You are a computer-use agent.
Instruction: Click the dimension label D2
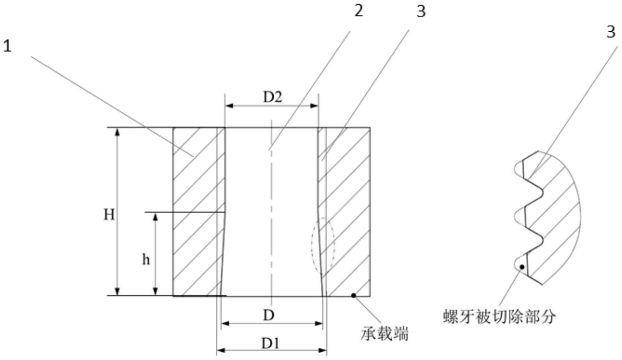click(x=273, y=97)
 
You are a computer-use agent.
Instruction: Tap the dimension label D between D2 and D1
click(x=269, y=316)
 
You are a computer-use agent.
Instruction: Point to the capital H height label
click(x=109, y=214)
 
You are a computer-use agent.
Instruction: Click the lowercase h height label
click(x=146, y=260)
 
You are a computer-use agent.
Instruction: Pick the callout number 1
click(x=7, y=46)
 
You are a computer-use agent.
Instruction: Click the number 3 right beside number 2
click(x=420, y=12)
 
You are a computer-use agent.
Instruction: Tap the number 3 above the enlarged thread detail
click(x=611, y=32)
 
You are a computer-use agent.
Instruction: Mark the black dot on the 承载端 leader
click(x=354, y=295)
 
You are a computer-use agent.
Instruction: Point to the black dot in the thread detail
click(x=522, y=267)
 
